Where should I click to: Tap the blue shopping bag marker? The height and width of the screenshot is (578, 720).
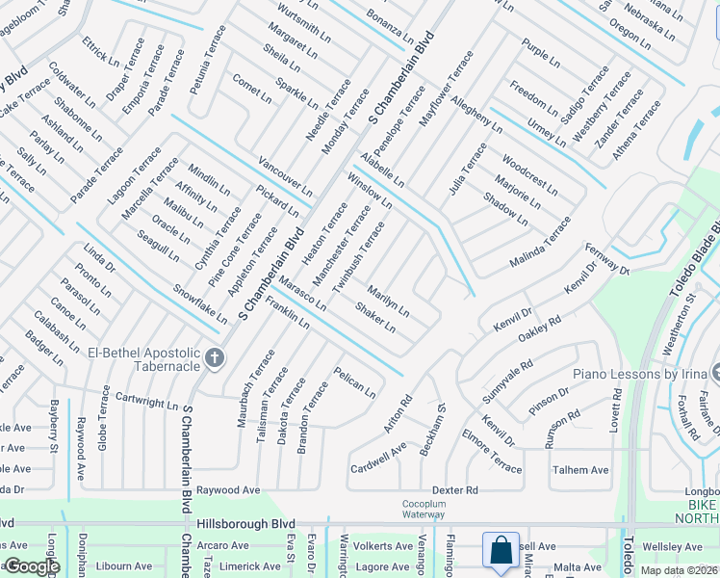[501, 550]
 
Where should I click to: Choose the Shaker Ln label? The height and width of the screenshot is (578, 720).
[375, 318]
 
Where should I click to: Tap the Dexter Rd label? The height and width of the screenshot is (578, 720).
[454, 490]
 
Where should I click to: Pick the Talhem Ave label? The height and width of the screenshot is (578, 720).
[580, 470]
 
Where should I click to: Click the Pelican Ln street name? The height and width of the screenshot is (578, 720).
[354, 382]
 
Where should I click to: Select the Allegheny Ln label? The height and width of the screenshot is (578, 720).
[476, 114]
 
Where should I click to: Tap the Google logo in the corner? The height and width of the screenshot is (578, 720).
[31, 566]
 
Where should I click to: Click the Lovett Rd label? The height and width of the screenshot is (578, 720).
[616, 408]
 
